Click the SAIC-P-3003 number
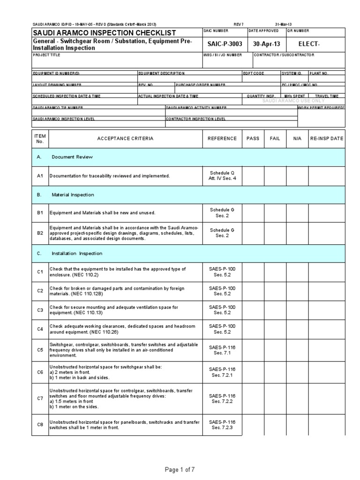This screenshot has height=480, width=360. click(x=223, y=43)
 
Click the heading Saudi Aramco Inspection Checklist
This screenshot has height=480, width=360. click(x=104, y=32)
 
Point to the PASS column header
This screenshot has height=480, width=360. click(x=252, y=139)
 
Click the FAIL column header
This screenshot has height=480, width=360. click(x=275, y=139)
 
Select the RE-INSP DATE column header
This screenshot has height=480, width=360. click(x=326, y=139)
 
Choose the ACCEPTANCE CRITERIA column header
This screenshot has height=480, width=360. click(x=125, y=139)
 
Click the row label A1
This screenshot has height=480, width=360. click(x=40, y=176)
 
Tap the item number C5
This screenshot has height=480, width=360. click(x=40, y=349)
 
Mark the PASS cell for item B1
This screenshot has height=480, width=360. click(x=252, y=212)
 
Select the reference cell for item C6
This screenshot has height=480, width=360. click(x=223, y=372)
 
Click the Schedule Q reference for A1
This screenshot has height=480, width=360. click(x=223, y=176)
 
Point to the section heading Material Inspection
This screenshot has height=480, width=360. click(x=73, y=195)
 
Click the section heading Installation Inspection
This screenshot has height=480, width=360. click(x=77, y=253)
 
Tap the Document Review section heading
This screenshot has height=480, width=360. click(x=72, y=157)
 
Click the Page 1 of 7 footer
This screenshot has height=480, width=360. click(x=180, y=469)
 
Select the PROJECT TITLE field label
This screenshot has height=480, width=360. click(x=47, y=55)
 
